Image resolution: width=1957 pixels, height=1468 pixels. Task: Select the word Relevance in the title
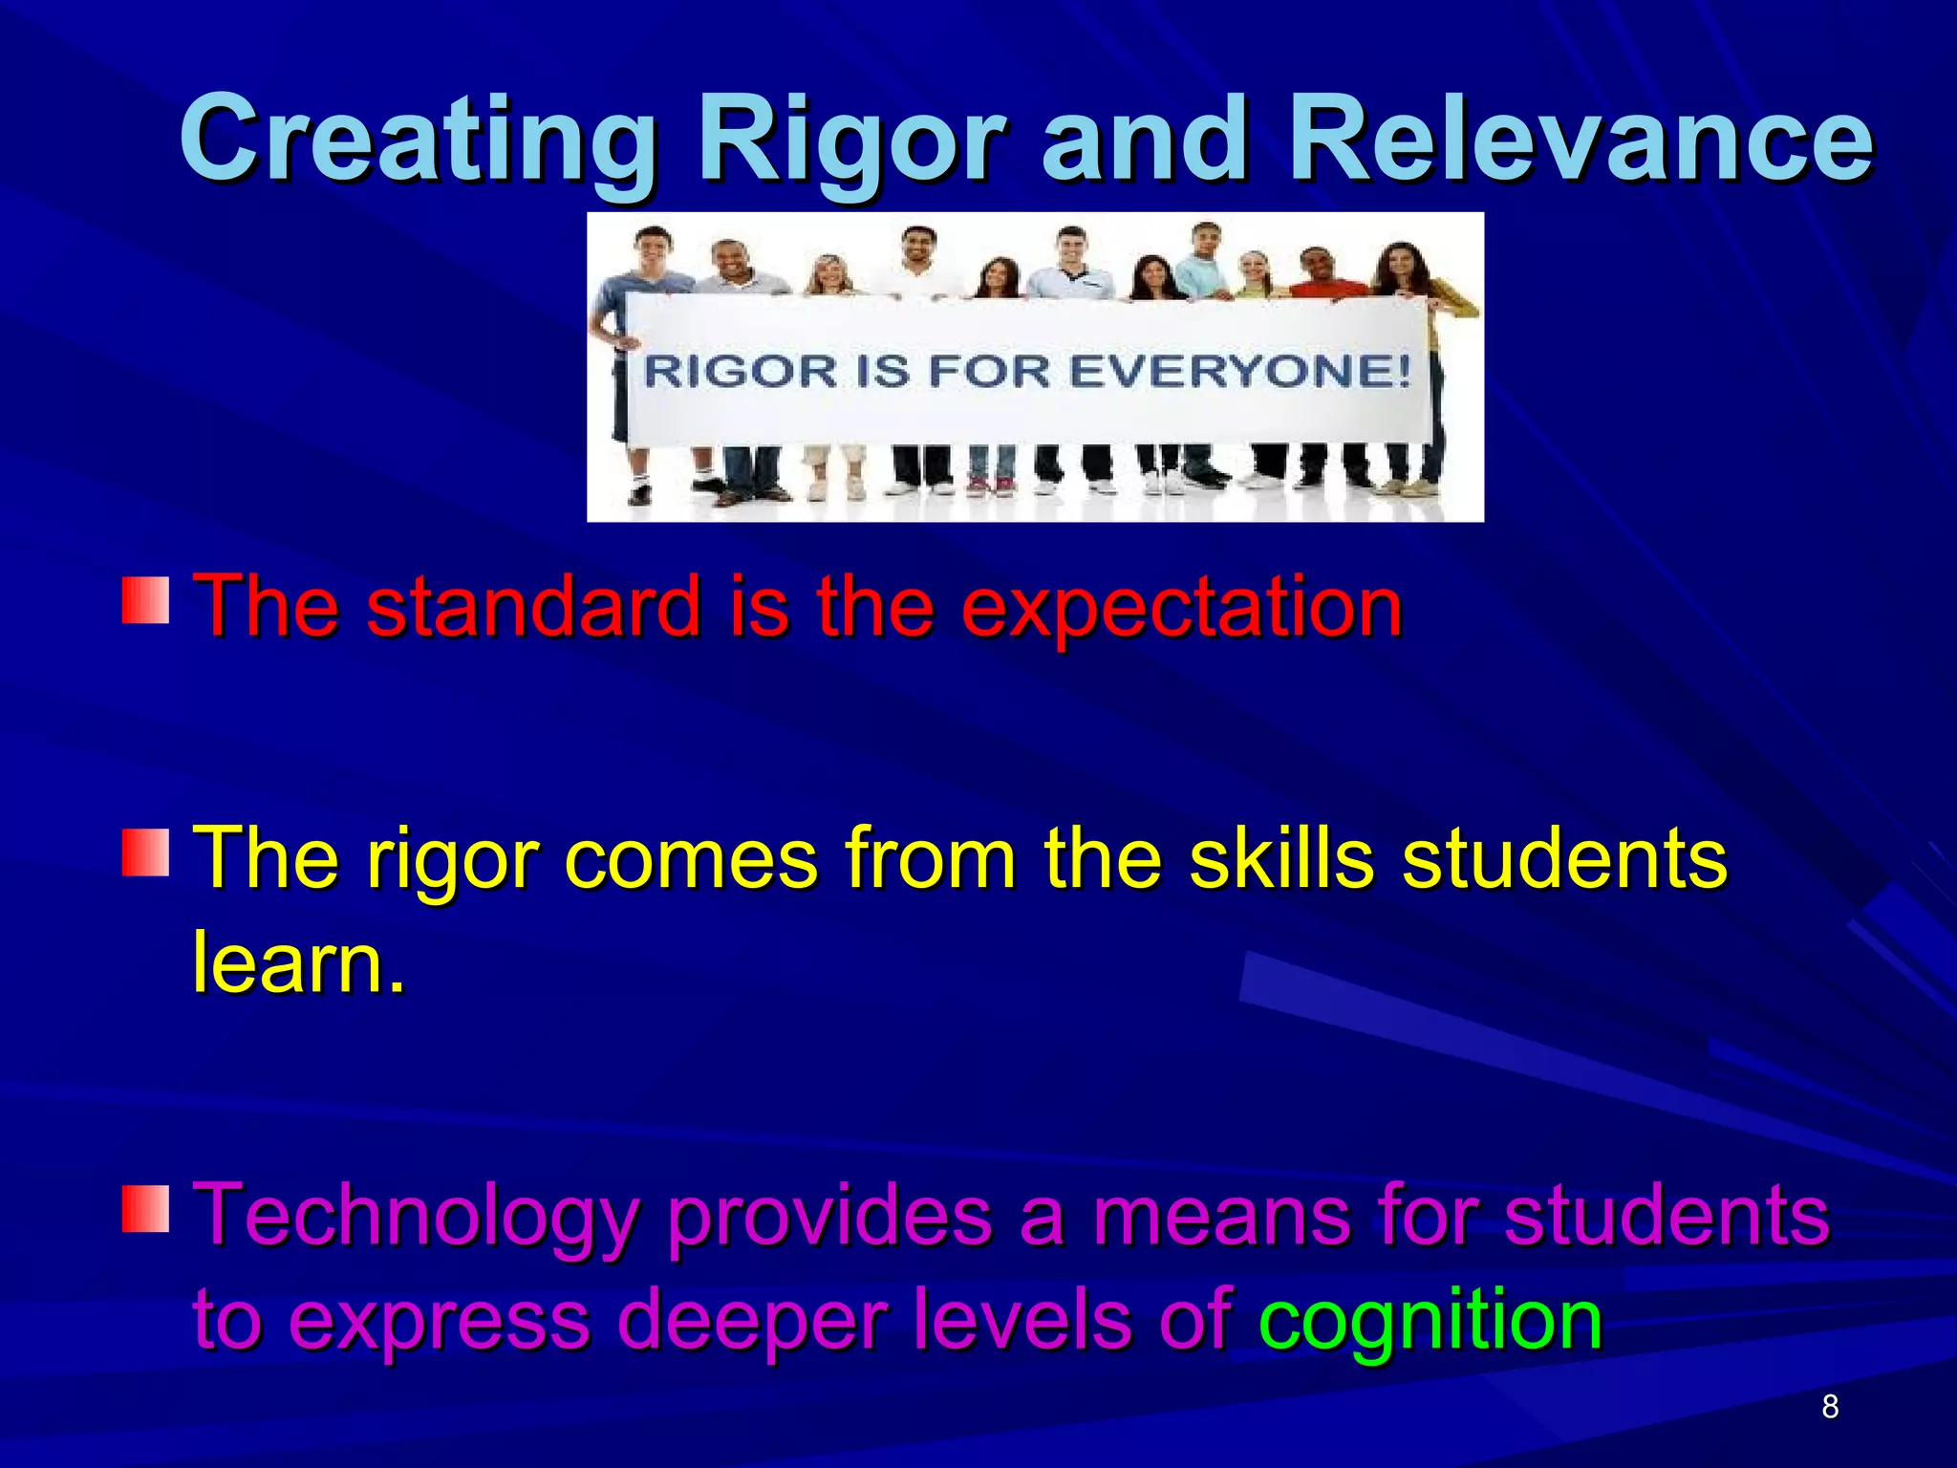(1581, 140)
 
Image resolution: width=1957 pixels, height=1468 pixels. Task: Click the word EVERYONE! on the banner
(1239, 371)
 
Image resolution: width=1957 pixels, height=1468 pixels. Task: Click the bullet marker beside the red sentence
(145, 600)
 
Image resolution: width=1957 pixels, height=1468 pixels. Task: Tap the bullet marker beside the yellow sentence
(145, 853)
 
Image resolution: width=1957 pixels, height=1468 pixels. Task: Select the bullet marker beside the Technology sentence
(145, 1208)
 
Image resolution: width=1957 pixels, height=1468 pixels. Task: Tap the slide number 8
(1830, 1407)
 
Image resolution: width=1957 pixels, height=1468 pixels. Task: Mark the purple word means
(1222, 1217)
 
